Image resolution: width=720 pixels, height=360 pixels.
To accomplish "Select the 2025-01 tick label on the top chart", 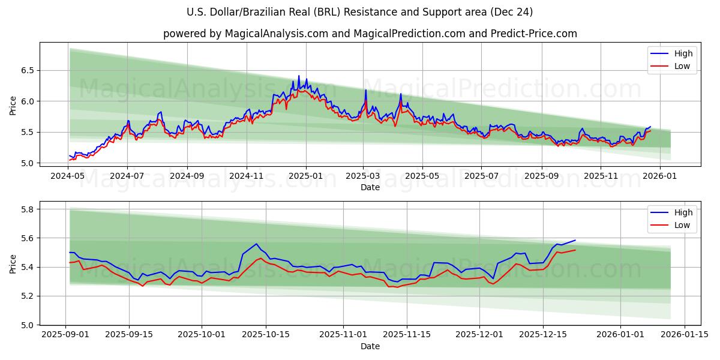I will [306, 176].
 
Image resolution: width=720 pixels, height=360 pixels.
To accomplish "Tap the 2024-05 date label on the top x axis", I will [68, 176].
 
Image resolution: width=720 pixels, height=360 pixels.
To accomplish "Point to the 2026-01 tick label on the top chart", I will [660, 176].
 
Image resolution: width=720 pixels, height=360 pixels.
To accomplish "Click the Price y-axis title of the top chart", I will [13, 105].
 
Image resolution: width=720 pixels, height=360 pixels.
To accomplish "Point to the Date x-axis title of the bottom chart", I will [370, 346].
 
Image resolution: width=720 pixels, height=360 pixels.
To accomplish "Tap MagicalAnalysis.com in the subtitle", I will [277, 34].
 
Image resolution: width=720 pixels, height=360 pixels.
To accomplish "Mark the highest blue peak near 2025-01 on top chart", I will [299, 76].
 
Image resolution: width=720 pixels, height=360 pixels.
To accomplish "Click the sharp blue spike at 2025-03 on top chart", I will [365, 90].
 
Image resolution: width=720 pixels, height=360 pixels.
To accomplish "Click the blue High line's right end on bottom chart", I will [575, 240].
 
